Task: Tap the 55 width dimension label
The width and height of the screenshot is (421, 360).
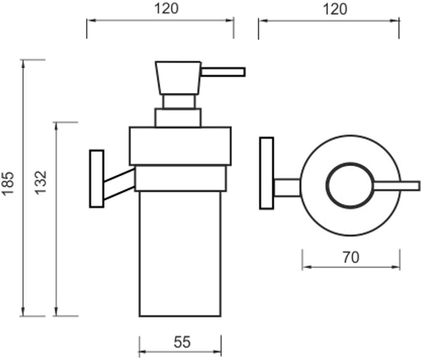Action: [x=182, y=342]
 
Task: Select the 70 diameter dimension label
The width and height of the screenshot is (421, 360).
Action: [x=351, y=257]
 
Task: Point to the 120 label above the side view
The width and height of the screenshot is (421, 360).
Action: [x=166, y=8]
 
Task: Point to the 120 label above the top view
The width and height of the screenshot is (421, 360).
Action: [x=335, y=9]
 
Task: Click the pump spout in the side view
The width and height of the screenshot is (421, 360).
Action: [x=223, y=72]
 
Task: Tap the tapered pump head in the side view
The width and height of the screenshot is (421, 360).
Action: [x=178, y=78]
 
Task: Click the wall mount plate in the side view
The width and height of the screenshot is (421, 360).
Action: [x=97, y=179]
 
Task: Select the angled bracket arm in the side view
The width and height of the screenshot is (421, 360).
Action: [x=119, y=184]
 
